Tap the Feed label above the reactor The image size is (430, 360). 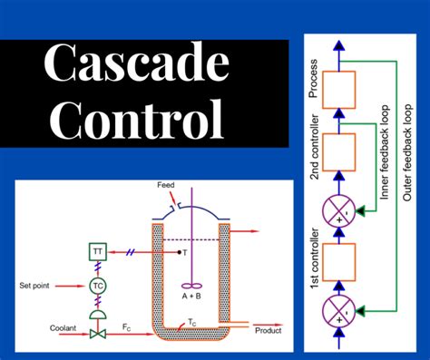pyautogui.click(x=165, y=185)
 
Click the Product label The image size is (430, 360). pyautogui.click(x=270, y=329)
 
